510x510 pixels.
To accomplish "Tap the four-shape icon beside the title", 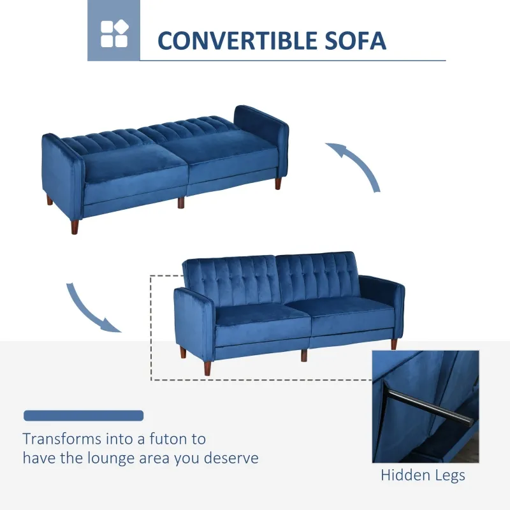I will click(113, 33).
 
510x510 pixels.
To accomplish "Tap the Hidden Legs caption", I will click(423, 475).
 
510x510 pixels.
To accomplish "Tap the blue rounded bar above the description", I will click(84, 416).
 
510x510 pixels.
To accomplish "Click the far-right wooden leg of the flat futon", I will click(279, 184).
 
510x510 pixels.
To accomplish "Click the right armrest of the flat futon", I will click(261, 137).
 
